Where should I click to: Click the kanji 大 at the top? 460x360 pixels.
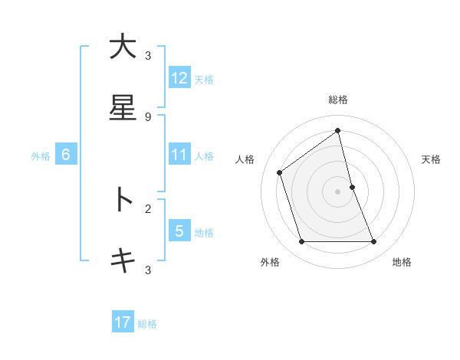coord(123,47)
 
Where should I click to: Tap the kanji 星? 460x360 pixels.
coord(123,108)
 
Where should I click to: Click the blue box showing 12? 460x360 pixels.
coord(179,78)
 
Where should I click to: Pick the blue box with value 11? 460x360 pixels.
coord(179,155)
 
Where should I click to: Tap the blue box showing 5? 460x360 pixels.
coord(179,231)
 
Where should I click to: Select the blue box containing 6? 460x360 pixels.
coord(66,155)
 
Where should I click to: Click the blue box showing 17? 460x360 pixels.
coord(123,322)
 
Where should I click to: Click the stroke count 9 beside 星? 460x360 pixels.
coord(148,116)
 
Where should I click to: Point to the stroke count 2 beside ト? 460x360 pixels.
coord(148,208)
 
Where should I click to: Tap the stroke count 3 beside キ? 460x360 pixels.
coord(148,270)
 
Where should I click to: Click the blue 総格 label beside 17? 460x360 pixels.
coord(147,324)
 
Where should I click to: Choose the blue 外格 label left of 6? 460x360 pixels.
coord(41,156)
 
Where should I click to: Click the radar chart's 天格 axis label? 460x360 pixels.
coord(432,159)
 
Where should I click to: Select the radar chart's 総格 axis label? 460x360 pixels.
coord(338,100)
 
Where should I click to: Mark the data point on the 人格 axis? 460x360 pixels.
coord(280,172)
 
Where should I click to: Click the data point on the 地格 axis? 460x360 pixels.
coord(374,242)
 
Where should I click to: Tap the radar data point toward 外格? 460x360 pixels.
coord(301,242)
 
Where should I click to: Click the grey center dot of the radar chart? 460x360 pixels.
coord(338,191)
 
